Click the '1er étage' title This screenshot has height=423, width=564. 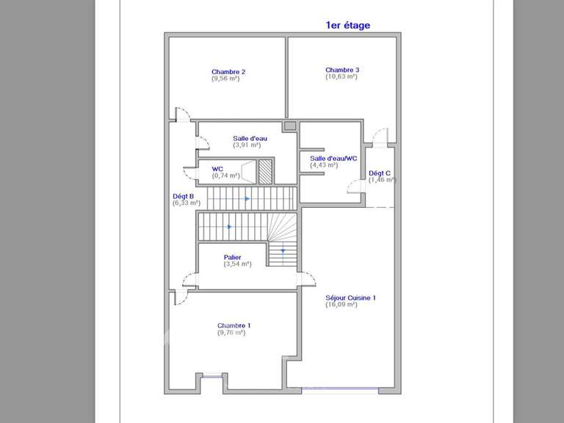pyautogui.click(x=347, y=25)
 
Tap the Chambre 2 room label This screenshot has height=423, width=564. pyautogui.click(x=228, y=72)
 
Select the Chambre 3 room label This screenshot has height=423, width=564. pyautogui.click(x=342, y=70)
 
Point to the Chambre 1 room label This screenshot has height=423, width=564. pyautogui.click(x=234, y=325)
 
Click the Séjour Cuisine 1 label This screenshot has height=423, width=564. pyautogui.click(x=350, y=297)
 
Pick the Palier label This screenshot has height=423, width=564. pyautogui.click(x=232, y=257)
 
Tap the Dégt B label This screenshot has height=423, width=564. pyautogui.click(x=183, y=196)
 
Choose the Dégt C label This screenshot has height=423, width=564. pyautogui.click(x=380, y=173)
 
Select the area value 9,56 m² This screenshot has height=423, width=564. pyautogui.click(x=225, y=79)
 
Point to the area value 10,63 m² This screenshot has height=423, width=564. pyautogui.click(x=341, y=76)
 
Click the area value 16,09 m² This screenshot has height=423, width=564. pyautogui.click(x=341, y=304)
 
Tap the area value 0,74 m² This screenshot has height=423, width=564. pyautogui.click(x=225, y=176)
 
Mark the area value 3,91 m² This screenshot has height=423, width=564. pyautogui.click(x=247, y=145)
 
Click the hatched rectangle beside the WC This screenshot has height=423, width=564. pyautogui.click(x=265, y=171)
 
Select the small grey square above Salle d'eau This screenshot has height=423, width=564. pyautogui.click(x=290, y=126)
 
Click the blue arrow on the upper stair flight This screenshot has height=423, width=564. pyautogui.click(x=247, y=198)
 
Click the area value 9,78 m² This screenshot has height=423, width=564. pyautogui.click(x=231, y=332)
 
